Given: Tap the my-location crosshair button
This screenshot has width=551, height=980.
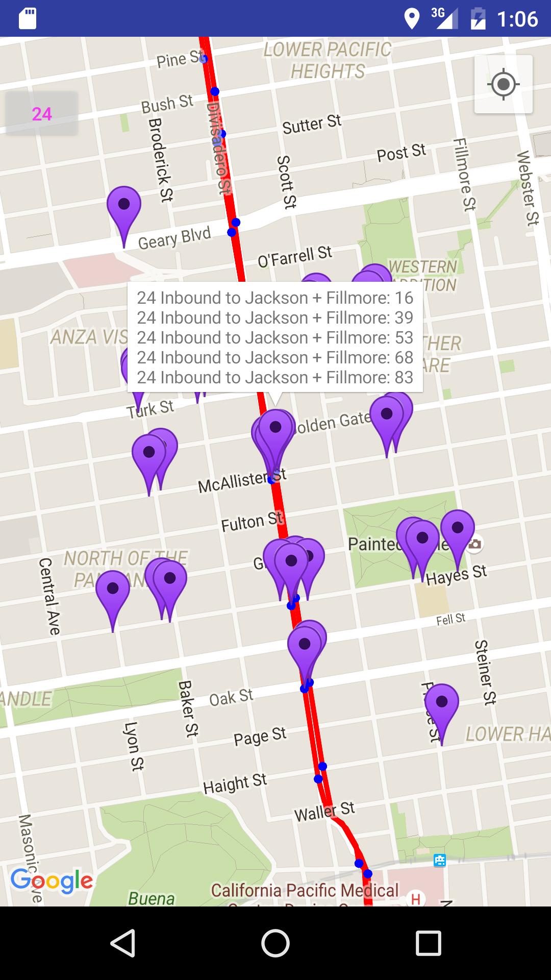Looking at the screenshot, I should click(503, 84).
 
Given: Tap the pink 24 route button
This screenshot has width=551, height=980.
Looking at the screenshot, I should click(42, 114).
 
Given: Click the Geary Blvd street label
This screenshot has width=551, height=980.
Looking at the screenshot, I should click(174, 238).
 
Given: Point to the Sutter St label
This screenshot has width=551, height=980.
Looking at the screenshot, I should click(312, 124).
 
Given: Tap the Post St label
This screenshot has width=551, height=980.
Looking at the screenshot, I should click(401, 153).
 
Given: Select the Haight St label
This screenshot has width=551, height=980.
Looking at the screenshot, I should click(235, 784).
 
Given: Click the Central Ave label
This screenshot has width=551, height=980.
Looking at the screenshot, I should click(49, 596).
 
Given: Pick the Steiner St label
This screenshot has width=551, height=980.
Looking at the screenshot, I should click(485, 672).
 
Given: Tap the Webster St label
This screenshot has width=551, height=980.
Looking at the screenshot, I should click(528, 188).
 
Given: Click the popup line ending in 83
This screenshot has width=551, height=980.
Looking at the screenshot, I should click(275, 377).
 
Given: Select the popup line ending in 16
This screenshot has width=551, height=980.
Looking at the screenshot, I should click(275, 298).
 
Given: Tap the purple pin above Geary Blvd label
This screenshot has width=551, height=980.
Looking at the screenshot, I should click(124, 209).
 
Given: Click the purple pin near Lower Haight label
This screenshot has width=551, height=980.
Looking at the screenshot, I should click(442, 707).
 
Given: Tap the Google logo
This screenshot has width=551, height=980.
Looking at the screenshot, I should click(52, 880).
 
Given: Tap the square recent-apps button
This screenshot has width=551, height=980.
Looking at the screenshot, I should click(428, 943).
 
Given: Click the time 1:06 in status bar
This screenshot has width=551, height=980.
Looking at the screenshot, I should click(517, 19).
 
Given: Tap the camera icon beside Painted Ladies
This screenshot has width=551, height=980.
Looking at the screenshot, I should click(474, 544).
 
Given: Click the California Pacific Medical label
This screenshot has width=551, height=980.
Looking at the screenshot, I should click(305, 890).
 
